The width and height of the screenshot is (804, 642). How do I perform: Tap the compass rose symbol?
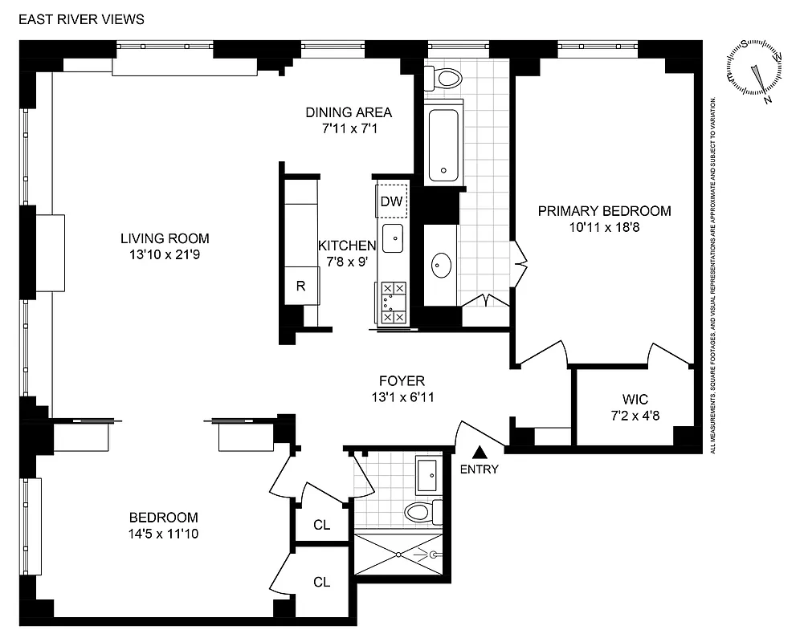pos(755,71)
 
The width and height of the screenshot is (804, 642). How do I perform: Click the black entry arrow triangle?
pos(480,454)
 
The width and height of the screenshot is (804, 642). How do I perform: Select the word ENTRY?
pos(480,469)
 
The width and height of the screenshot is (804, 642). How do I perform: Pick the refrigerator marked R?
pos(301,285)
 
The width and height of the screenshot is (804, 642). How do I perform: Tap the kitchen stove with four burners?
pos(393,303)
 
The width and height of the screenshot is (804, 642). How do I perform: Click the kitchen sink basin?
pos(393,238)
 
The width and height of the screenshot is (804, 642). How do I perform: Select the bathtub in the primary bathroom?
pos(443,144)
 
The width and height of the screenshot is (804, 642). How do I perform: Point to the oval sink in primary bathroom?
pos(441,265)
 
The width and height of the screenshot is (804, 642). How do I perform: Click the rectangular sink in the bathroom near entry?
pos(427,475)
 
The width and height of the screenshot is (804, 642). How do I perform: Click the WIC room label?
pos(634,399)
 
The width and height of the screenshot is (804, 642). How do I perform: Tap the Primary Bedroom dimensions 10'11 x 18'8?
pos(604,227)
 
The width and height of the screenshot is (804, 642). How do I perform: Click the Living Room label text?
pos(165,238)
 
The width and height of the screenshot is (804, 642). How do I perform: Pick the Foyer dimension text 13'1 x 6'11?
pos(402,396)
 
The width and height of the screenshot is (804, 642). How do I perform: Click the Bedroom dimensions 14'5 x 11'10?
pos(165,533)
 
